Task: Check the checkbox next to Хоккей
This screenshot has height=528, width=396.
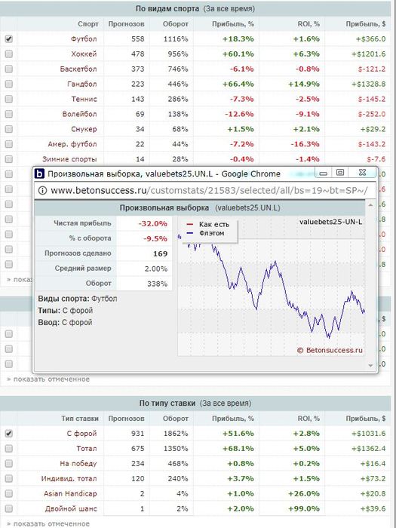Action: [9, 54]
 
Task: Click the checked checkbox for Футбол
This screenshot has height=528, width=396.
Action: [9, 38]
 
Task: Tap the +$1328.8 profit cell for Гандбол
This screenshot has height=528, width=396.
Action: [369, 84]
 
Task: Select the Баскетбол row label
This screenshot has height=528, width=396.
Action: [78, 69]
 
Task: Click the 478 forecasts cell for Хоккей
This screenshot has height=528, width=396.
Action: [138, 54]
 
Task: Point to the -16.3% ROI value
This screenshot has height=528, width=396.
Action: [305, 144]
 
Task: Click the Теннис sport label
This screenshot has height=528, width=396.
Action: [84, 99]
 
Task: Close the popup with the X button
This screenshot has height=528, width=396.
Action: [362, 173]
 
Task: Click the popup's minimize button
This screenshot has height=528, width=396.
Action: [324, 173]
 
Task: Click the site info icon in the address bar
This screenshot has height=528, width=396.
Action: [42, 191]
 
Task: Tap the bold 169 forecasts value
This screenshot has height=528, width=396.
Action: [160, 253]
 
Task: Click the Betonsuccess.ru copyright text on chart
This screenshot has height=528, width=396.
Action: [330, 350]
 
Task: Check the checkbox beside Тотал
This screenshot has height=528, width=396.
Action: [9, 449]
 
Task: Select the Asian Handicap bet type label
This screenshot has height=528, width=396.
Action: [70, 493]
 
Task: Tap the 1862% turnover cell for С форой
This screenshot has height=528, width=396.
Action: [175, 434]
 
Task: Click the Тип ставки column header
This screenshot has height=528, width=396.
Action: [80, 419]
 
